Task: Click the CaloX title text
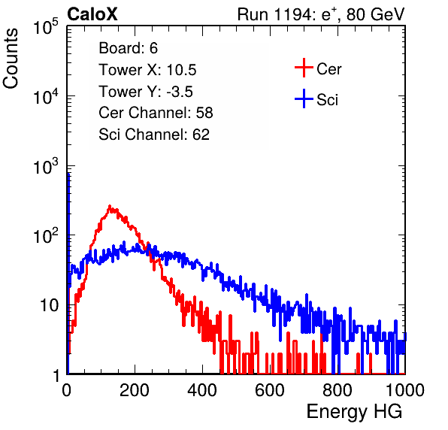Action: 92,14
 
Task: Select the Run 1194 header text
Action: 321,14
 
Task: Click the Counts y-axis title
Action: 11,59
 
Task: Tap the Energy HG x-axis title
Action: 354,412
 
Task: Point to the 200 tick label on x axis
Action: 135,390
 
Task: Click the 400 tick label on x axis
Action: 202,390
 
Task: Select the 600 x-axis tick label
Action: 270,390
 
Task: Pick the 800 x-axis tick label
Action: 338,390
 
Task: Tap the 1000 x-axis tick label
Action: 405,390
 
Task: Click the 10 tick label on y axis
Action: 50,305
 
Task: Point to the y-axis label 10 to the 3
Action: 46,165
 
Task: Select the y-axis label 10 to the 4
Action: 46,95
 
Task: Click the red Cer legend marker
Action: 304,68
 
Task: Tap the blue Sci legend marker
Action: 304,98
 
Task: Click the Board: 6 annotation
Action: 129,48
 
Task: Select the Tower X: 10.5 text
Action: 147,70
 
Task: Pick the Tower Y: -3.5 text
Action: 146,92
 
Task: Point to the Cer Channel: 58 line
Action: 156,113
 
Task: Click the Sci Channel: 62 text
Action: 154,135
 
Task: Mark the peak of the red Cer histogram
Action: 110,206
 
